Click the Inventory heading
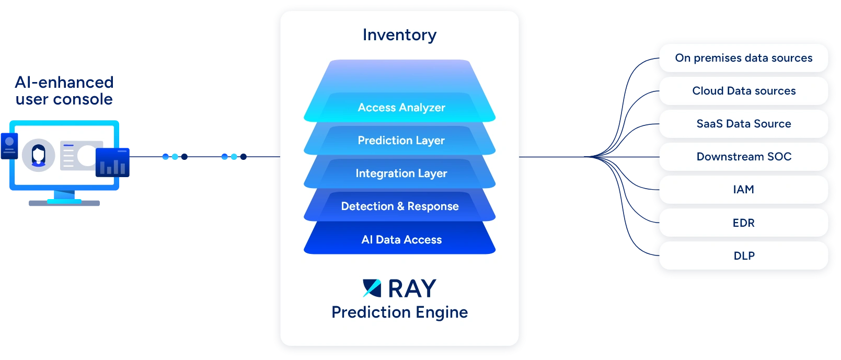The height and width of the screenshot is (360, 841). [399, 35]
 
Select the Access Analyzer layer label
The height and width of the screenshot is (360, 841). [401, 107]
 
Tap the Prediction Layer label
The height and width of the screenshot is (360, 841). [401, 140]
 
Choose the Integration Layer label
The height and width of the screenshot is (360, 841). [401, 173]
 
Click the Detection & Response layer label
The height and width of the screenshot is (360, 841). [400, 206]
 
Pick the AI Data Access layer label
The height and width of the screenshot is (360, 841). [401, 239]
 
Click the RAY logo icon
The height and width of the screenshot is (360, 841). [372, 288]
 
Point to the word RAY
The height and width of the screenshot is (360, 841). [412, 288]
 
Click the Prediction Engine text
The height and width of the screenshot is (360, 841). [399, 312]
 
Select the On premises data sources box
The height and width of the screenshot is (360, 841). [743, 58]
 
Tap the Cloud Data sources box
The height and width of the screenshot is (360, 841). [743, 91]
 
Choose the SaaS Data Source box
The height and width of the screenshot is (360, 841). [743, 124]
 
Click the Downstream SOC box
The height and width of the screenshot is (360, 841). [743, 157]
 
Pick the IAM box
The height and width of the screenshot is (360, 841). [743, 190]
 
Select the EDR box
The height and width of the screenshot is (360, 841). [743, 223]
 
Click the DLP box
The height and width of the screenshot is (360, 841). [743, 256]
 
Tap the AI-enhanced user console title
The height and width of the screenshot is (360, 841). [64, 90]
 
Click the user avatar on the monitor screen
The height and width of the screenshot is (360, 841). [38, 155]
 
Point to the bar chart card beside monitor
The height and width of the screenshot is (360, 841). [112, 162]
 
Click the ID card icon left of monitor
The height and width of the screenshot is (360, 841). [9, 146]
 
